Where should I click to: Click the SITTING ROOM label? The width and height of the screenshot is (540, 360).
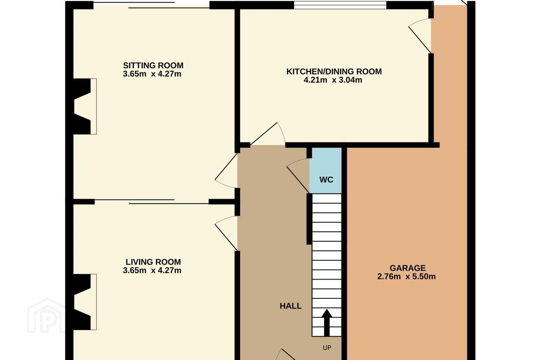coord(153,65)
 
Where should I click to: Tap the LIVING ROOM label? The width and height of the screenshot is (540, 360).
coord(153,262)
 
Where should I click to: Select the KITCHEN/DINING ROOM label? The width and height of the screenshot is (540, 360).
coord(334,72)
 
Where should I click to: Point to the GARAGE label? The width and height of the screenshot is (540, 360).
coord(408,268)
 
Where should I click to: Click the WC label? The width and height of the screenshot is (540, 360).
coord(326,180)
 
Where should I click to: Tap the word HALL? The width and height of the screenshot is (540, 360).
coord(291,306)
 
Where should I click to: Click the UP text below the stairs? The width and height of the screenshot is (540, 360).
coord(327,348)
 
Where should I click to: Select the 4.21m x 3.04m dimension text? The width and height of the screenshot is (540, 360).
coord(333,80)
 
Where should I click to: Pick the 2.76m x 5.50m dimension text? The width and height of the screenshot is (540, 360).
coord(406,276)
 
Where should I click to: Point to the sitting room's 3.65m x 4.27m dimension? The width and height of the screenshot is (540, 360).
coord(152,74)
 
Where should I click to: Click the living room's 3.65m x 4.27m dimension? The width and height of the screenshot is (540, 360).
coord(152,270)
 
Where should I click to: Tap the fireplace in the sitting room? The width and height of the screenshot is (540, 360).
coord(85,106)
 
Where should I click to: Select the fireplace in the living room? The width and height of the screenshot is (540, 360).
coord(85,302)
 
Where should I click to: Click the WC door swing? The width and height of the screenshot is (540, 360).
coord(298,175)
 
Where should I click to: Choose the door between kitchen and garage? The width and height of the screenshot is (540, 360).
coord(420,36)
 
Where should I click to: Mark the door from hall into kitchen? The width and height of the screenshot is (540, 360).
coord(268,134)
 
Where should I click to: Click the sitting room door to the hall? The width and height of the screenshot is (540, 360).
coord(226,170)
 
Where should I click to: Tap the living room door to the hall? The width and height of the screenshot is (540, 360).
coord(226,233)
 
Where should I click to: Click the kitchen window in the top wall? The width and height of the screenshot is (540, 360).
coord(340,5)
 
